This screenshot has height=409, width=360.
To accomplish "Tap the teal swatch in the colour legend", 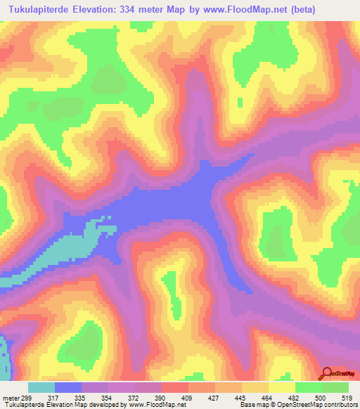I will click(x=41, y=388).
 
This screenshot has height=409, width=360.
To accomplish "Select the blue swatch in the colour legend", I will click(x=68, y=388).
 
